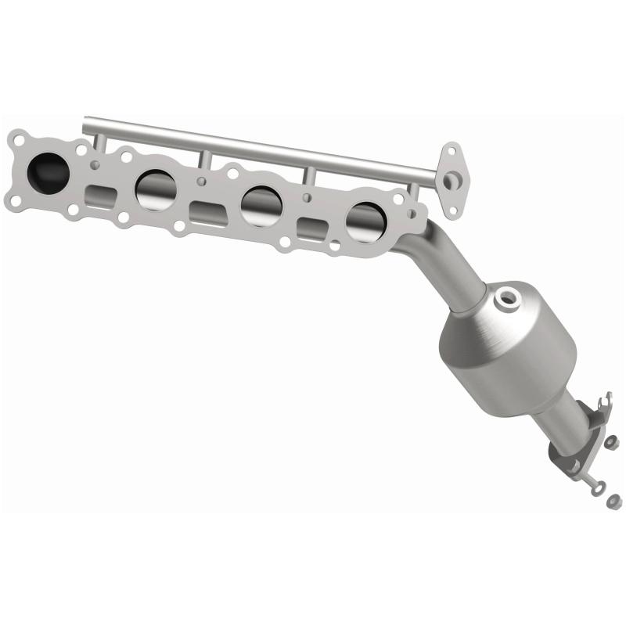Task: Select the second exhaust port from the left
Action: [x=155, y=190]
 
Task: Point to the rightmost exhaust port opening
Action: [x=366, y=223]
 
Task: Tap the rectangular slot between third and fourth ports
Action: [x=312, y=229]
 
